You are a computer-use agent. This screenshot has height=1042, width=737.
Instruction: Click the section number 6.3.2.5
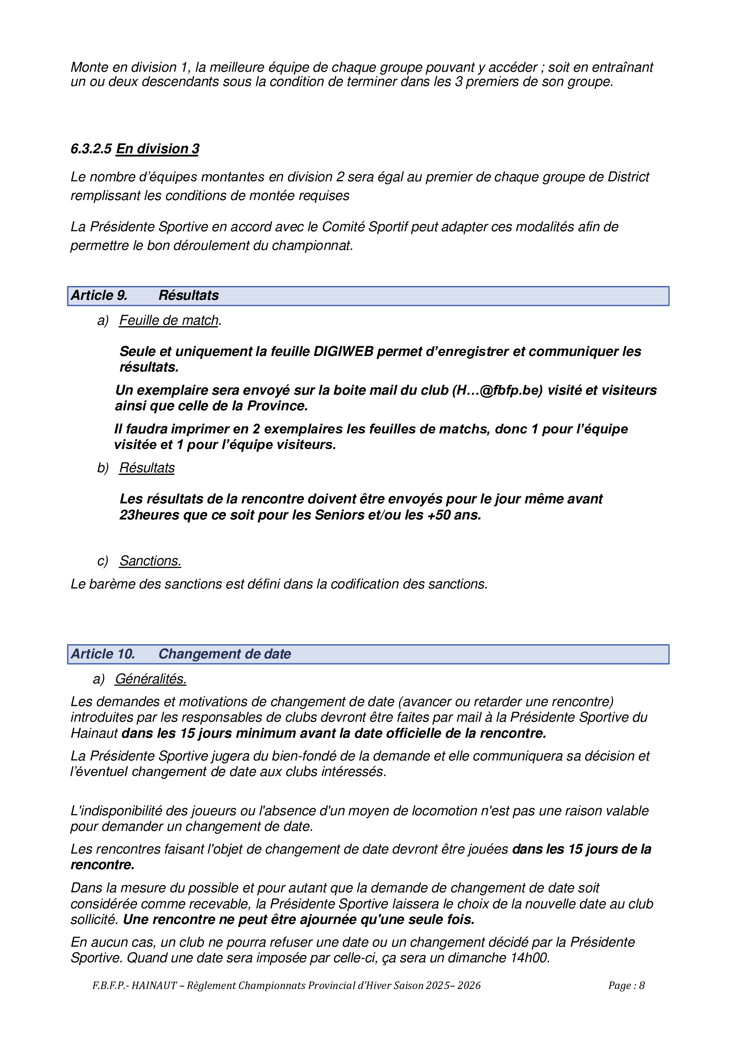coord(91,149)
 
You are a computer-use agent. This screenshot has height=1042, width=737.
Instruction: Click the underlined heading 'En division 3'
coord(157,149)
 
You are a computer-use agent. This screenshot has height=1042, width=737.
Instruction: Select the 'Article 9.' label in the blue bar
coord(99,295)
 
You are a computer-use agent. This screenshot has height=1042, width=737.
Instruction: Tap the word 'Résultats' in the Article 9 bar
coord(188,295)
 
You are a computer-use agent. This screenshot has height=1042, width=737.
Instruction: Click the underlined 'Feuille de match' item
coord(169,320)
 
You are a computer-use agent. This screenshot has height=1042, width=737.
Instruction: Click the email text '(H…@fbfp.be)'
coord(497,390)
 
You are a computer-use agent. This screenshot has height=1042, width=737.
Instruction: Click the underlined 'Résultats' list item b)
coord(147,468)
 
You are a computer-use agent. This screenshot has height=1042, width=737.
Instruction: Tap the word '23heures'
coord(149,515)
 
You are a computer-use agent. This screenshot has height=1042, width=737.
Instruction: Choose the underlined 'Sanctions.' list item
coord(150,561)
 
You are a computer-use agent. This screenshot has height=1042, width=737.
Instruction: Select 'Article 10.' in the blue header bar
coord(103,654)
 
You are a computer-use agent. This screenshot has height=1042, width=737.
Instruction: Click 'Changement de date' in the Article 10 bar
coord(225,654)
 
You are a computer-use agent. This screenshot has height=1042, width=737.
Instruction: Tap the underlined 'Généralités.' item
coord(150,679)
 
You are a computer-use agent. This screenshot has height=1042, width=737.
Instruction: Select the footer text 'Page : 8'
coord(626,985)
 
